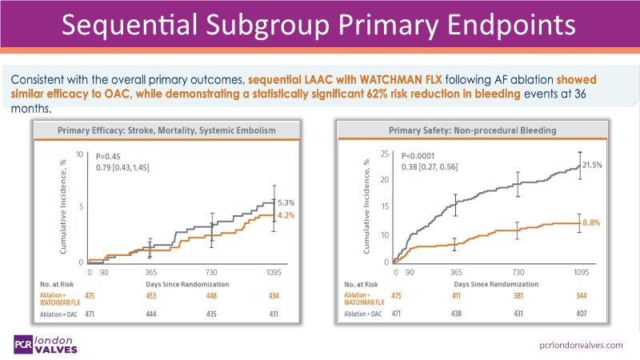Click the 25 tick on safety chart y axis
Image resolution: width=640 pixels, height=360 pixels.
tap(385, 154)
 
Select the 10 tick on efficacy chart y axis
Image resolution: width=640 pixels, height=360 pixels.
tap(79, 154)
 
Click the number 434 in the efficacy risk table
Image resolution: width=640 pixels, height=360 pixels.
tap(274, 297)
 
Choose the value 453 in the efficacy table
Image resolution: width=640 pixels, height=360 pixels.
tap(150, 297)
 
